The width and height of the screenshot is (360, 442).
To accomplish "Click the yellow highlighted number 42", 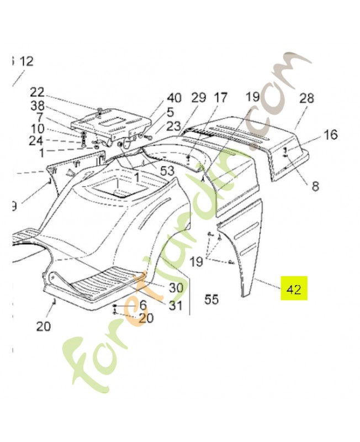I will point(294,290).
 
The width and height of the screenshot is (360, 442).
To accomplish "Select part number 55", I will point(211,299).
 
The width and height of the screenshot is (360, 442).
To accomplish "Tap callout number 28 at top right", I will point(306,98).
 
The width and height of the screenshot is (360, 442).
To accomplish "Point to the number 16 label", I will point(330,135).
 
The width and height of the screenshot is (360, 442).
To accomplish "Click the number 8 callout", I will point(315,186).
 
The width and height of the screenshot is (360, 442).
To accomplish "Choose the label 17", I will point(220,98).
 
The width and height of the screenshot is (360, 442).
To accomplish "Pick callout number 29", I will point(198,98).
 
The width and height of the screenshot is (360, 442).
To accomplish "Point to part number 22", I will point(37,92).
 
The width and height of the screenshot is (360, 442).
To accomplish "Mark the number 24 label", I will point(36,141).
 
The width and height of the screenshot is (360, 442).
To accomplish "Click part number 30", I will point(176,287).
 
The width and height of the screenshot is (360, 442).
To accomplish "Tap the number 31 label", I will point(176,304).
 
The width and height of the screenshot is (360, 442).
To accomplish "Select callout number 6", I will point(142,304).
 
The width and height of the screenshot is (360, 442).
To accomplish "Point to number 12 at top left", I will point(27,61).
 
